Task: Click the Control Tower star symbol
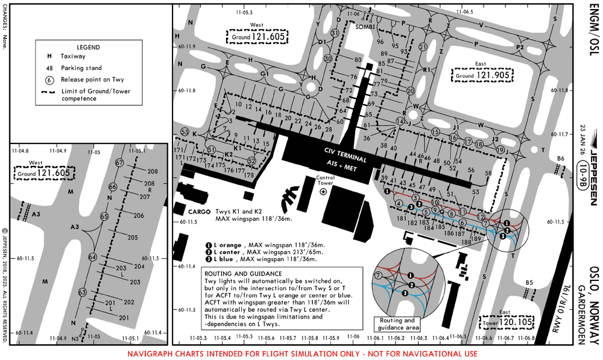[x=323, y=192]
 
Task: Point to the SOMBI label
[x=365, y=27]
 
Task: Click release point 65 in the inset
[x=104, y=216]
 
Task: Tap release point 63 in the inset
[x=83, y=292]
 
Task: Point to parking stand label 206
[x=139, y=215]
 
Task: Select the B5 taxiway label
[x=529, y=283]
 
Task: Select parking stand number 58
[x=488, y=174]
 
